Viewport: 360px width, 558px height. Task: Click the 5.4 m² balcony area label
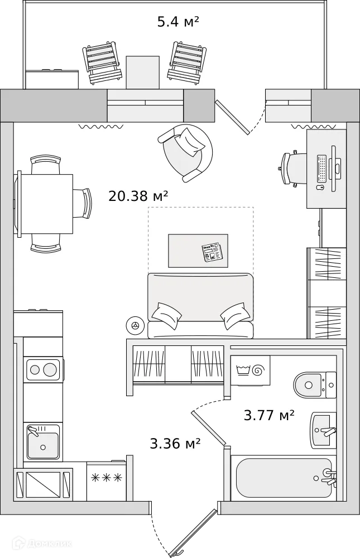tap(178, 22)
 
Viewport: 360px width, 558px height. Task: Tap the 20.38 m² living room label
tap(138, 196)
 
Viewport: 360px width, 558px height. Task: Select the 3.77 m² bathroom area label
tap(269, 416)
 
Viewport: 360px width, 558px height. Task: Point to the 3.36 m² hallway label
tap(175, 444)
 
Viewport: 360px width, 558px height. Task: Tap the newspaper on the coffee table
tap(213, 253)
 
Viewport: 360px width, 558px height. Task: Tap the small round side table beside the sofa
tap(134, 325)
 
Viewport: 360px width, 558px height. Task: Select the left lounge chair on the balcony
tap(103, 62)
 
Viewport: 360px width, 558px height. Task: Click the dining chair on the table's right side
tap(83, 203)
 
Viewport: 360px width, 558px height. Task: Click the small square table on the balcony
tap(143, 72)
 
